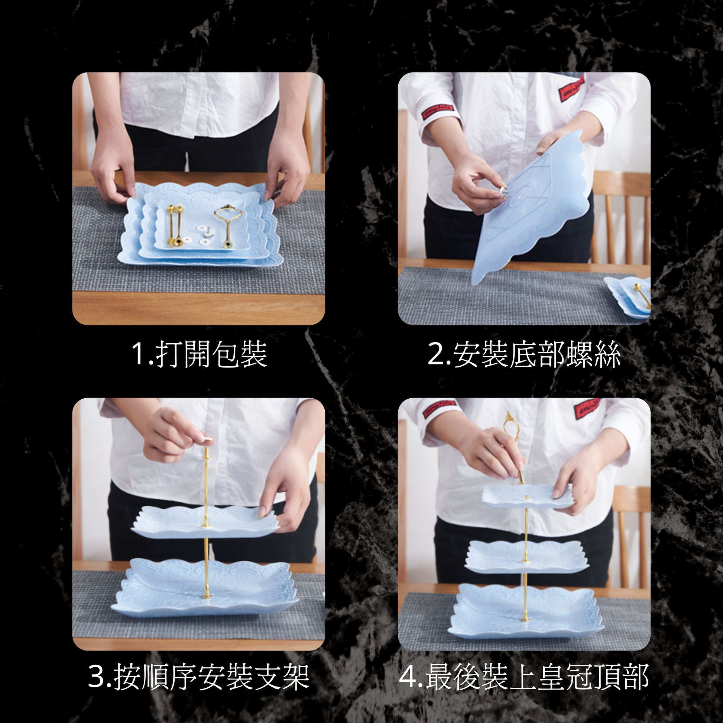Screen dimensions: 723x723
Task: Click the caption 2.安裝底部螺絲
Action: pyautogui.click(x=524, y=354)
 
